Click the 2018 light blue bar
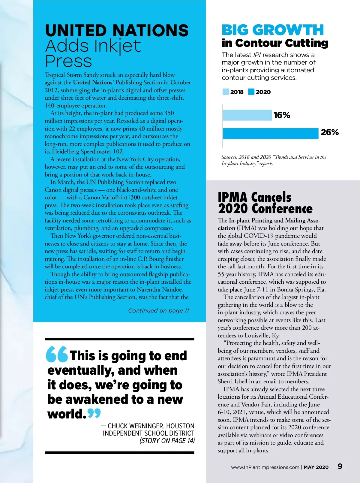click(x=247, y=115)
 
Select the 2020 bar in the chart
click(x=270, y=134)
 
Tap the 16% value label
click(x=282, y=115)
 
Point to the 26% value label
click(x=329, y=132)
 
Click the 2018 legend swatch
click(x=226, y=92)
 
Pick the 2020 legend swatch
click(x=251, y=92)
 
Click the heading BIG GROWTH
click(x=273, y=30)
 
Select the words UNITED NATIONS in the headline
click(x=117, y=31)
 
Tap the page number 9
click(x=340, y=466)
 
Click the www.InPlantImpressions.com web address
click(x=265, y=467)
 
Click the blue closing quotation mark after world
click(x=94, y=413)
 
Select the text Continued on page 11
click(x=158, y=311)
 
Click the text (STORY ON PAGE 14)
click(x=167, y=441)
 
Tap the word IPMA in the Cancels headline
click(x=233, y=197)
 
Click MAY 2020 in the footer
click(x=316, y=467)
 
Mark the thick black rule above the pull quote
click(x=119, y=339)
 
